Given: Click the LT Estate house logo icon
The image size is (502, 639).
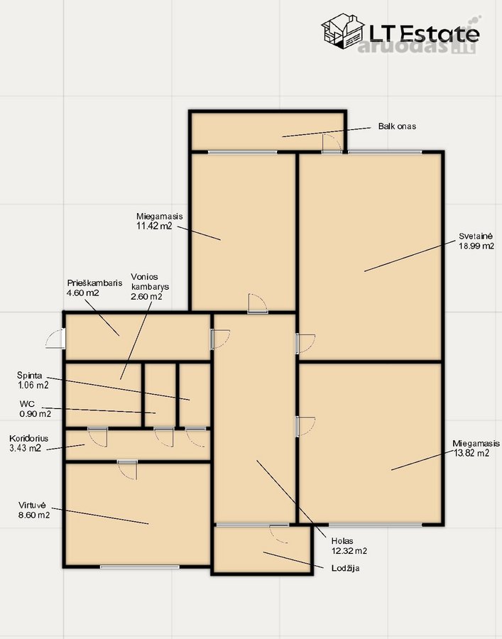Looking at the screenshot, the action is click(343, 31).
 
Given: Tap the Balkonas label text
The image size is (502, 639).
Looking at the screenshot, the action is click(397, 126).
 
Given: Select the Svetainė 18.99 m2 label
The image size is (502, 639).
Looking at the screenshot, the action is click(476, 241).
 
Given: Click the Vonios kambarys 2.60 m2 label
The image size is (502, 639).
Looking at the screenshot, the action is click(150, 287).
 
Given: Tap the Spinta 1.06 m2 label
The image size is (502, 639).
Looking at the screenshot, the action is click(33, 380).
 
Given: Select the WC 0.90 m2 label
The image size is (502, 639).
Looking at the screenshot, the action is click(36, 409).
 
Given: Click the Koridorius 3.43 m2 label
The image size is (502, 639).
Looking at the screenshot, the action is click(28, 443).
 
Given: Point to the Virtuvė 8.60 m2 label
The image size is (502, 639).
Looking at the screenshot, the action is click(34, 510).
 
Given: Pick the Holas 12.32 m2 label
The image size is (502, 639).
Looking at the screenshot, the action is click(349, 546).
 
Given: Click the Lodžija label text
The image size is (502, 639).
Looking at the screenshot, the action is click(346, 568).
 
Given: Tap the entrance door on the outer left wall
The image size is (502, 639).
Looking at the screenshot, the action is click(55, 338).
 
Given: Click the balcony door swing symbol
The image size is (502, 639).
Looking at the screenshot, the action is click(332, 143).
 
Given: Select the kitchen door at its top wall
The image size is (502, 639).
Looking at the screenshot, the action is click(127, 469).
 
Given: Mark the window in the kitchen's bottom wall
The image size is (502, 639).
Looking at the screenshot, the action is click(140, 567).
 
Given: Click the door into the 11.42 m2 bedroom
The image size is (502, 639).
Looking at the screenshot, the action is click(258, 304).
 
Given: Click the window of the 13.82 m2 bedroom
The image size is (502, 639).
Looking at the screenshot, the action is click(376, 525).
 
